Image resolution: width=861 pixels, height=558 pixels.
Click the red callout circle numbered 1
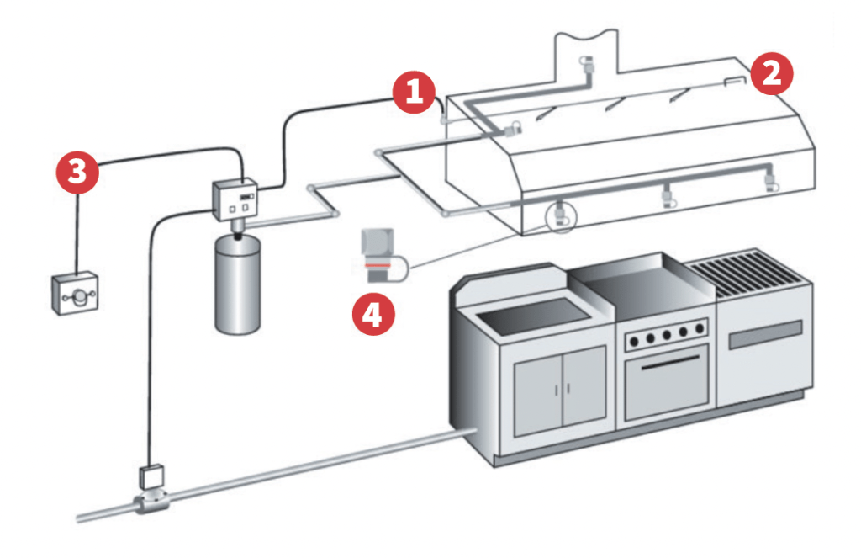414,92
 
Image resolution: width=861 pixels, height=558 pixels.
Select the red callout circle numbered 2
772,72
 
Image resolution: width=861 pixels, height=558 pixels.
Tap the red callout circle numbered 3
77,173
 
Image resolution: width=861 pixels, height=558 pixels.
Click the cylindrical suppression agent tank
235,285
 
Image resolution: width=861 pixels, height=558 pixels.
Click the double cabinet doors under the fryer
559,389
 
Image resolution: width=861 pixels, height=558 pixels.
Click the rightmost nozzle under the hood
769,182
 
